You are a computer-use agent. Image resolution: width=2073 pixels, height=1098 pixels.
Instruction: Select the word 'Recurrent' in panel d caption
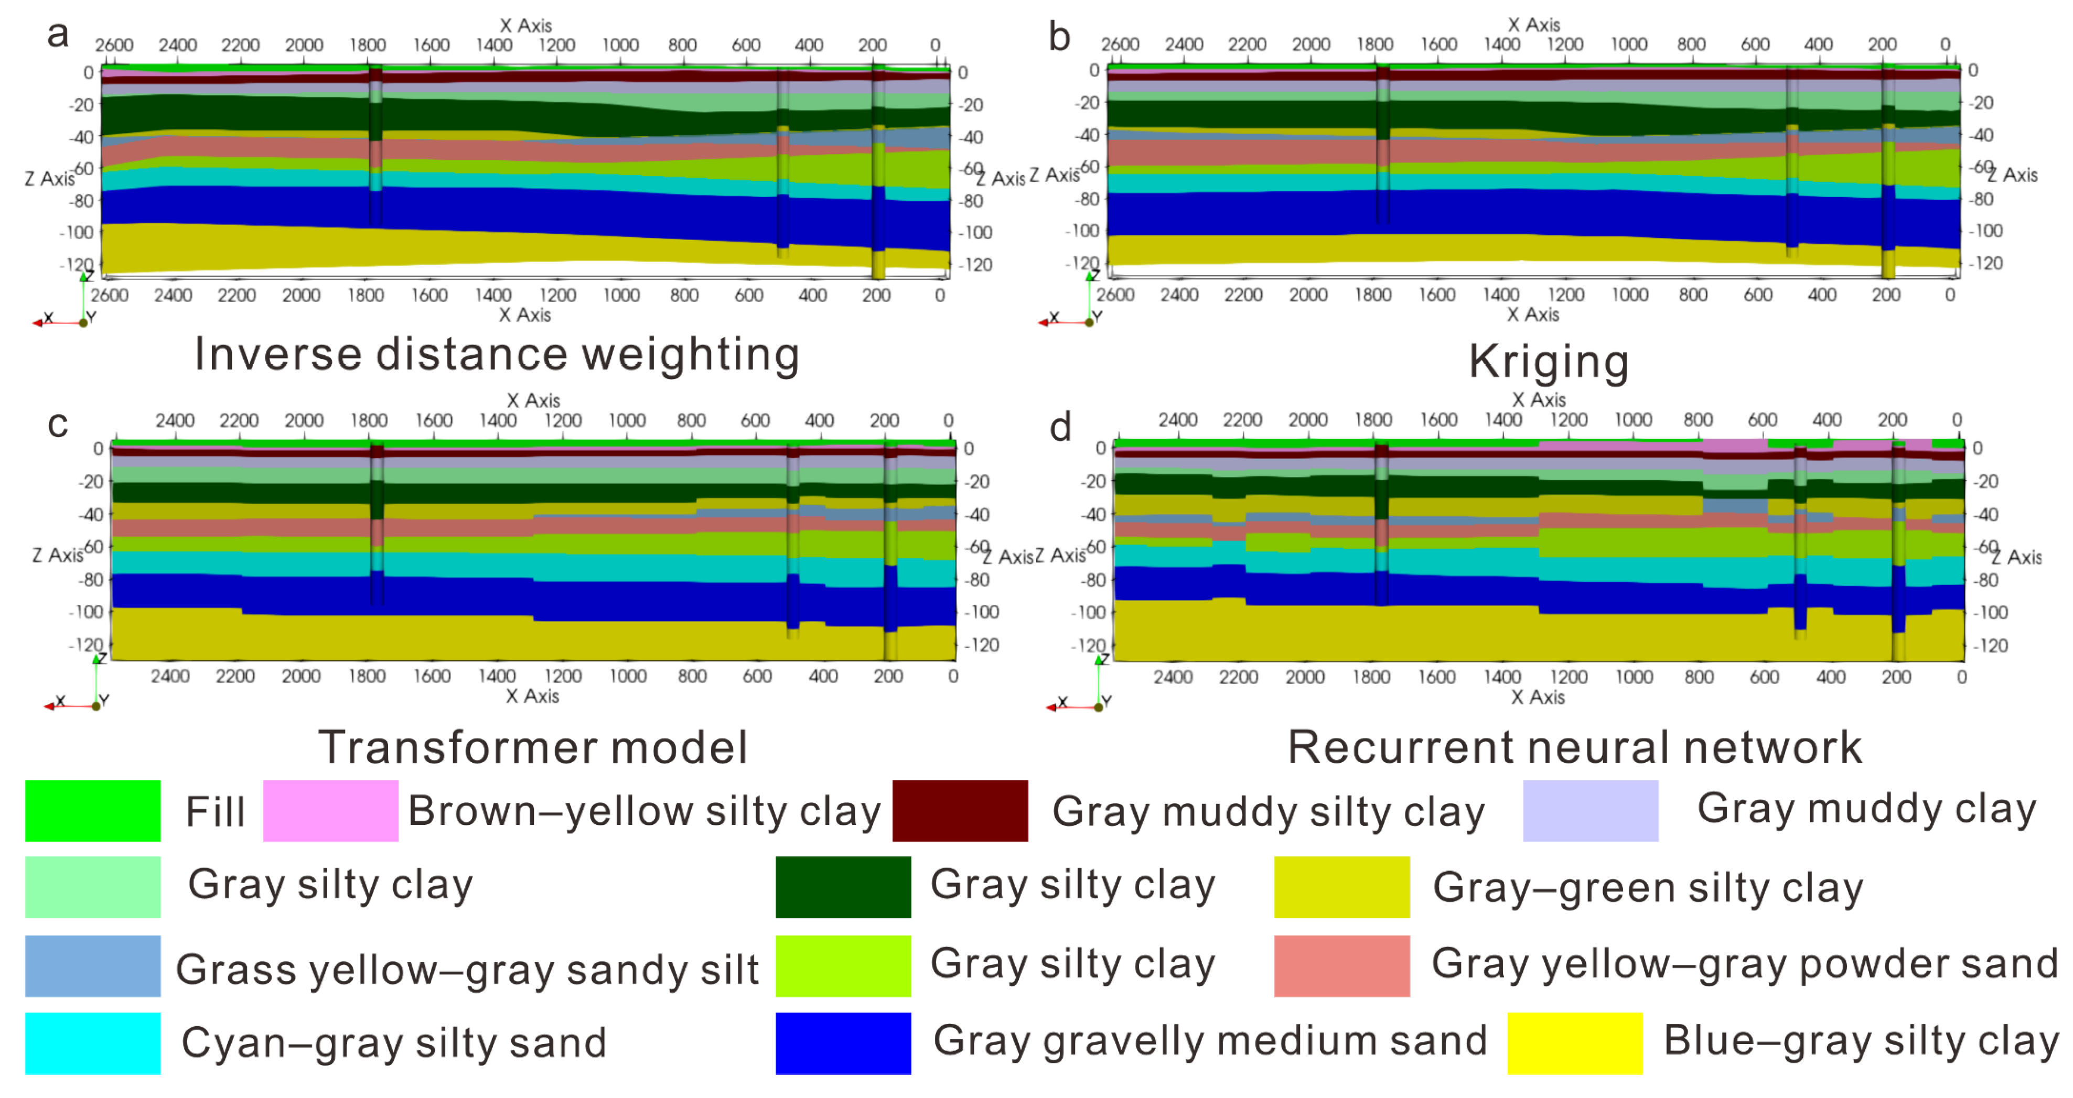click(x=1400, y=747)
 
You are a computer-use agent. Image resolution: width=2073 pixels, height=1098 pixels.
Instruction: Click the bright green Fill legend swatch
click(x=92, y=811)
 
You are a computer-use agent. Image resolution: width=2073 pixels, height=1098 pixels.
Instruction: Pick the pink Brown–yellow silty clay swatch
click(x=331, y=811)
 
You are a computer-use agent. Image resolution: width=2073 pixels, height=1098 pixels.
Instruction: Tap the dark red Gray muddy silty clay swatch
click(x=960, y=811)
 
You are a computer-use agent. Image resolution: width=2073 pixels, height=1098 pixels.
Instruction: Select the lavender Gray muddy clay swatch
click(x=1590, y=811)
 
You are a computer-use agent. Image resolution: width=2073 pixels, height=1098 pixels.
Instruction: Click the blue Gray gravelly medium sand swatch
click(x=843, y=1043)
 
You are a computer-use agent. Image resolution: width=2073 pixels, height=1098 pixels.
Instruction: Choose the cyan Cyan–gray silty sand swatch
click(x=92, y=1043)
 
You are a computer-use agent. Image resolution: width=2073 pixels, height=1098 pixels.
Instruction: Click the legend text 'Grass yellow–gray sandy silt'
click(x=467, y=969)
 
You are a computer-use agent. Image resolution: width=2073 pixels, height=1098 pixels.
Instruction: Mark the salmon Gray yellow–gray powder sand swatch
click(x=1341, y=966)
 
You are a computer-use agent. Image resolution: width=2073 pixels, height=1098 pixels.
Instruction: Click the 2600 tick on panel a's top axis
click(x=114, y=45)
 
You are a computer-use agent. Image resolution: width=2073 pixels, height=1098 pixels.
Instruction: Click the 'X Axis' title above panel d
click(x=1538, y=400)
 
